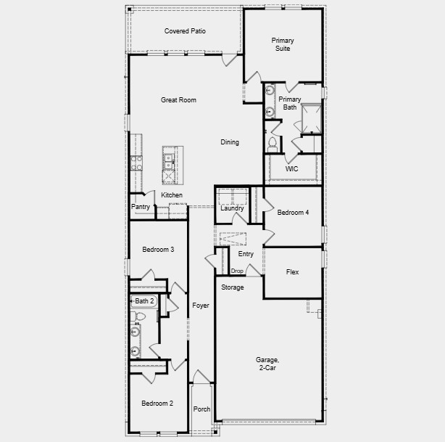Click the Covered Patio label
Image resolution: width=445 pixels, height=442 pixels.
coord(185,31)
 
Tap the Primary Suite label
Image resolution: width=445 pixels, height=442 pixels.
coord(283,44)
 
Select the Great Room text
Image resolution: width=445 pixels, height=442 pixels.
coord(178,100)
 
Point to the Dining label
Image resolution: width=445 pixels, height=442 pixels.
coord(230,142)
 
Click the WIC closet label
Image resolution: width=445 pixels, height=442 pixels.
coord(291,168)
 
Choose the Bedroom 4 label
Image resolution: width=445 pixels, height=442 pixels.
coord(293,213)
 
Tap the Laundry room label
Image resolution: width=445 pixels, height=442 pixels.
coord(233,208)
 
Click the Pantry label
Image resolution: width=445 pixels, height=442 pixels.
coord(141,207)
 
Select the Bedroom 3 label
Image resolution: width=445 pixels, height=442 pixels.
coord(157,250)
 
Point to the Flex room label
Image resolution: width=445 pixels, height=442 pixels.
coord(292,272)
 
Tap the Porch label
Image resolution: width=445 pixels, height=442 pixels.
coord(202,409)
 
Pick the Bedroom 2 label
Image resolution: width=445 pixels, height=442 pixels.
coord(157,404)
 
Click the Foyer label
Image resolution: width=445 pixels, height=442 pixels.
coord(201,306)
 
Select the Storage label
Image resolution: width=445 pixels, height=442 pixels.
coord(232,287)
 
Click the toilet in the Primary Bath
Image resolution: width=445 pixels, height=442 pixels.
coord(273,143)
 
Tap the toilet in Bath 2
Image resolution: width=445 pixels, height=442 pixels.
coord(139,316)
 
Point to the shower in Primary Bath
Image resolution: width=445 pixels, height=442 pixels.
coord(312,119)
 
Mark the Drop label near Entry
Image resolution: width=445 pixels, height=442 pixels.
coord(237,271)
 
